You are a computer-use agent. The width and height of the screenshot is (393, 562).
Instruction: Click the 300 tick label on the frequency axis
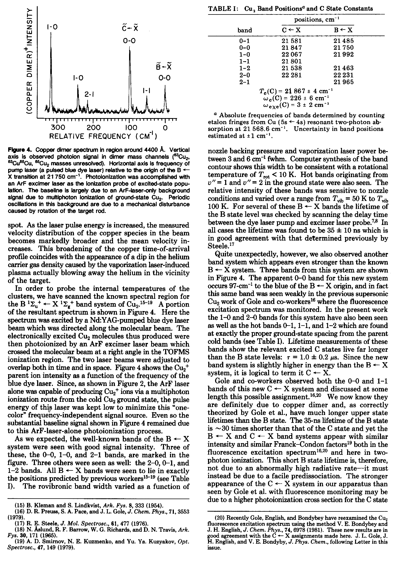[x=58, y=128]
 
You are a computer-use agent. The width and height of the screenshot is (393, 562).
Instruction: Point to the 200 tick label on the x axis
[x=94, y=128]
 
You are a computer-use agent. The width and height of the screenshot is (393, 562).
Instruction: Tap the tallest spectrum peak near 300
[x=51, y=44]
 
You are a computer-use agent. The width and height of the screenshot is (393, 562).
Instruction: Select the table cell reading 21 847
[x=291, y=48]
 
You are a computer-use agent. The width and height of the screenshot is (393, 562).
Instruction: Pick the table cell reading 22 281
[x=291, y=75]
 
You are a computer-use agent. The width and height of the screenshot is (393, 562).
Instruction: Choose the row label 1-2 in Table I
[x=244, y=68]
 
